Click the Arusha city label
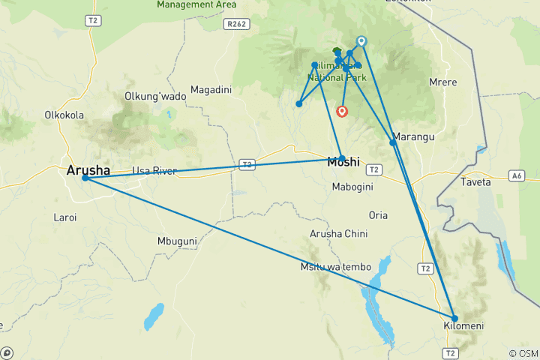click(x=88, y=169)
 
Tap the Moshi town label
click(x=344, y=161)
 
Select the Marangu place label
click(x=413, y=137)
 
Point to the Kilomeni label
click(x=463, y=326)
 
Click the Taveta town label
click(x=475, y=182)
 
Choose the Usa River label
click(x=154, y=171)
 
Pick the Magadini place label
click(x=211, y=90)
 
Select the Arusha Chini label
click(x=339, y=234)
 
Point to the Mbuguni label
click(x=177, y=241)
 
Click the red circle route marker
click(x=343, y=112)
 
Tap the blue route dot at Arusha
click(x=85, y=178)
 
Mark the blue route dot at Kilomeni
click(x=454, y=318)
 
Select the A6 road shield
click(x=515, y=175)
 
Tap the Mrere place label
click(x=442, y=82)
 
